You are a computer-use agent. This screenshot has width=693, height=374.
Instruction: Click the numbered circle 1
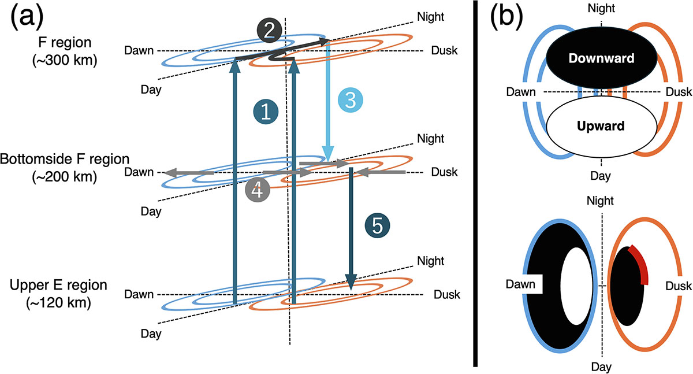click(266, 112)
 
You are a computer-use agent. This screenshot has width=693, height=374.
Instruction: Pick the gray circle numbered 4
click(257, 191)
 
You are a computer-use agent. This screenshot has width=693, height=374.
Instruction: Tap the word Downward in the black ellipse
click(601, 58)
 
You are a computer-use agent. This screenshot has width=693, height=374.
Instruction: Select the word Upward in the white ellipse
click(601, 126)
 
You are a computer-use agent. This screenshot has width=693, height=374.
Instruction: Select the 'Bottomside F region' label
click(62, 158)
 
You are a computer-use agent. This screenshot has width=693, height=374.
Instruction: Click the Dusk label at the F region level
click(445, 50)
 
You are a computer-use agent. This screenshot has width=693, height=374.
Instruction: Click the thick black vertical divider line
click(475, 185)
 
